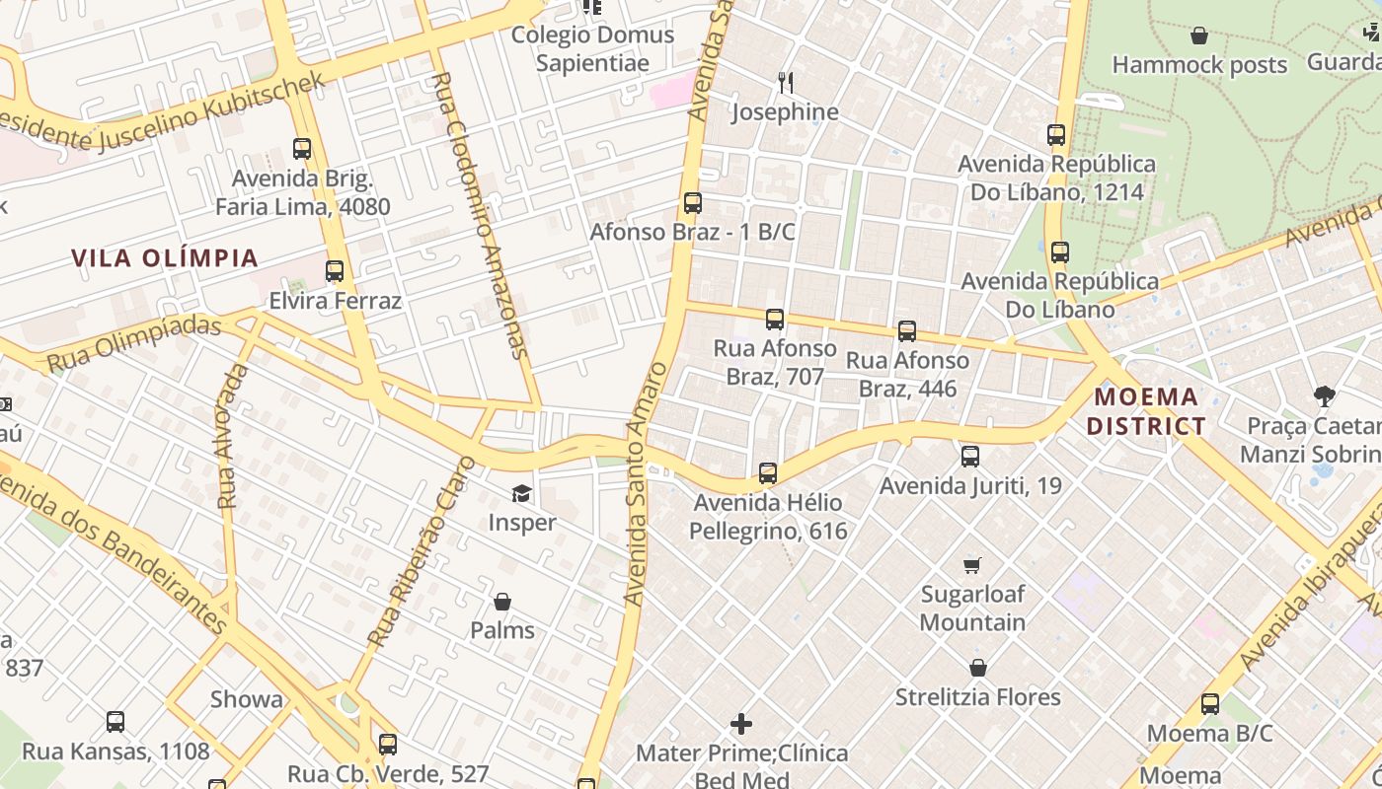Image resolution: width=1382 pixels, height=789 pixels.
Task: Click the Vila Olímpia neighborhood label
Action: pyautogui.click(x=164, y=258)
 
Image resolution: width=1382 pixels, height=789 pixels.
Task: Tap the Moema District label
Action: pyautogui.click(x=1149, y=411)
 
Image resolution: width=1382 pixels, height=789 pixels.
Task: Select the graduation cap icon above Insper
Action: pyautogui.click(x=521, y=493)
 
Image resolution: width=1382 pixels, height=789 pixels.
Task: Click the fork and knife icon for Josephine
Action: pyautogui.click(x=786, y=82)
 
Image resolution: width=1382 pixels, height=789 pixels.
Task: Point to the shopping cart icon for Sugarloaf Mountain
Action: pyautogui.click(x=972, y=565)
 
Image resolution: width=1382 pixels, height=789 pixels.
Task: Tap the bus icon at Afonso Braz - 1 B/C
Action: pyautogui.click(x=693, y=203)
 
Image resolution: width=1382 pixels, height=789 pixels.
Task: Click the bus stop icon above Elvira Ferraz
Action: pyautogui.click(x=335, y=271)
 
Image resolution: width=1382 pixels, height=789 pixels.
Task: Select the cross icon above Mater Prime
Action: pyautogui.click(x=741, y=724)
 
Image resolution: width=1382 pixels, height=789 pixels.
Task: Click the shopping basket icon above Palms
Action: pyautogui.click(x=502, y=602)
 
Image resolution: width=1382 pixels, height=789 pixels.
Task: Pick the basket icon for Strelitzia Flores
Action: pyautogui.click(x=977, y=668)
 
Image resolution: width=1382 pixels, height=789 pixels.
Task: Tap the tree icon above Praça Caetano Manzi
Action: pyautogui.click(x=1325, y=396)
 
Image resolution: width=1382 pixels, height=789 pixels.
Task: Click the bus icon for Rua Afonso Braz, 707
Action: pyautogui.click(x=775, y=320)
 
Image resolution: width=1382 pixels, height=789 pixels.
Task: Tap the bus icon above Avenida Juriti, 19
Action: pyautogui.click(x=970, y=457)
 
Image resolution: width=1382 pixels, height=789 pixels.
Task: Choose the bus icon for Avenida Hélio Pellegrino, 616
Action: pyautogui.click(x=768, y=473)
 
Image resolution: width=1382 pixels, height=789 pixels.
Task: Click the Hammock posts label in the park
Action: pyautogui.click(x=1199, y=65)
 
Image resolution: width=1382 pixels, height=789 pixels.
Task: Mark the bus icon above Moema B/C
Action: pyautogui.click(x=1210, y=704)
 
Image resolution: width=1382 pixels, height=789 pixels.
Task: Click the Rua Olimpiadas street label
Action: pyautogui.click(x=134, y=344)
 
